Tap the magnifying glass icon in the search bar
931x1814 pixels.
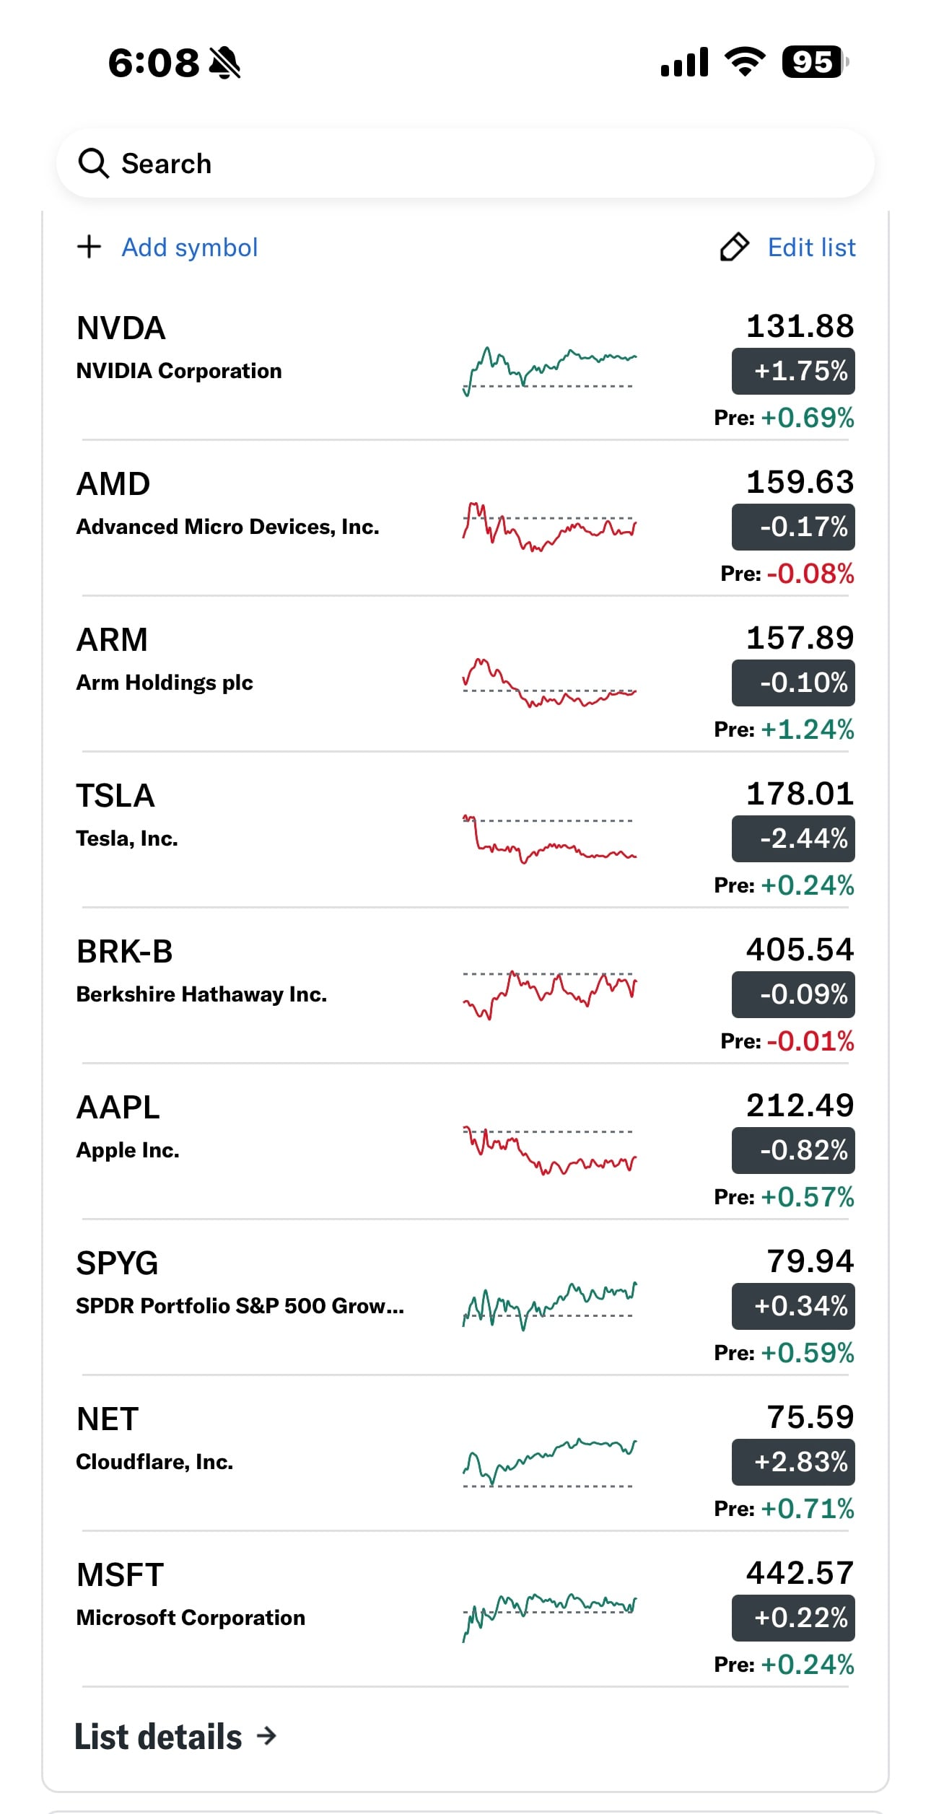click(93, 164)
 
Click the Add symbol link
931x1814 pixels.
click(189, 247)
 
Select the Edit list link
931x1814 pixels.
click(811, 247)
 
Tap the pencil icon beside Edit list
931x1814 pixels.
click(735, 247)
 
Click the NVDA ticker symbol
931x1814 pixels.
click(121, 328)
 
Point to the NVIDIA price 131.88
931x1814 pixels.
click(800, 326)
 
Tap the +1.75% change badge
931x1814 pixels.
click(793, 371)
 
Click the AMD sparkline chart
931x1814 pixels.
click(549, 527)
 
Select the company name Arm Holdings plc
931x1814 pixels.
click(165, 683)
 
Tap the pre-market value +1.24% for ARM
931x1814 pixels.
click(808, 729)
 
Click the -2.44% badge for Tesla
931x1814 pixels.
click(793, 838)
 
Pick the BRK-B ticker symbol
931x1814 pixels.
click(125, 952)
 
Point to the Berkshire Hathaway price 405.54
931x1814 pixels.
click(800, 950)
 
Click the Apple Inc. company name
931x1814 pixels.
click(128, 1150)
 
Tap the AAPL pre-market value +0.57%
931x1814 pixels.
click(808, 1197)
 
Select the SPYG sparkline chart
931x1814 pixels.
click(549, 1306)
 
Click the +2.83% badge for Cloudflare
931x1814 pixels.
click(793, 1462)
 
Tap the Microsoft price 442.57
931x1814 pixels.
click(800, 1573)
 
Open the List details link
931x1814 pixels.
click(175, 1737)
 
